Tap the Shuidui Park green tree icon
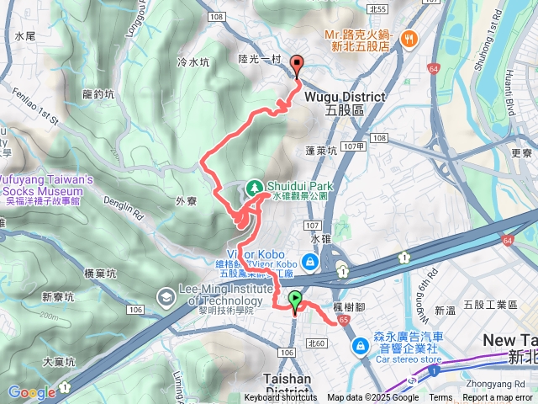[x=255, y=186]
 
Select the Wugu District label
[x=333, y=98]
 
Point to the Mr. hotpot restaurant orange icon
[x=409, y=38]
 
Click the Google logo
[x=31, y=391]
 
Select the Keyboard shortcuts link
[x=282, y=398]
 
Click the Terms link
[x=440, y=398]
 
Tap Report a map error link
[x=498, y=398]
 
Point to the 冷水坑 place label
[x=193, y=62]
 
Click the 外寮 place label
[x=187, y=201]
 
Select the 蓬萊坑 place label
[x=321, y=151]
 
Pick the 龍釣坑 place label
[x=98, y=95]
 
